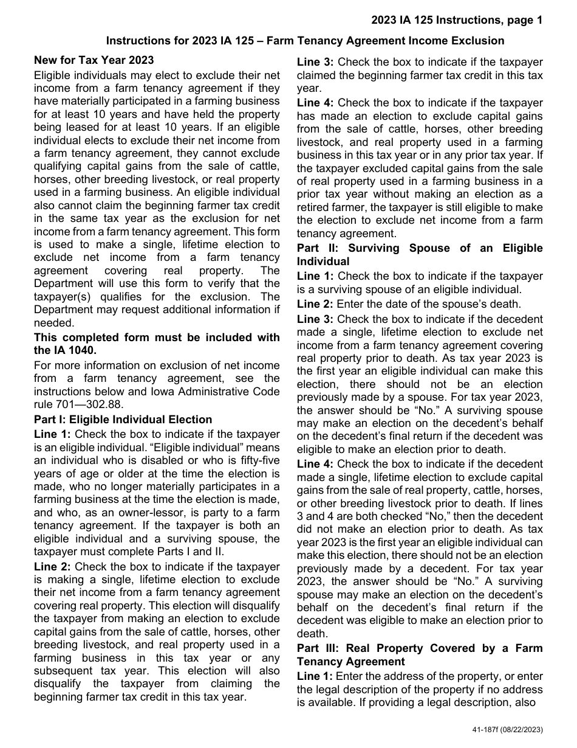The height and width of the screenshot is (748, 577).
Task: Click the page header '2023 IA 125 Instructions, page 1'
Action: point(457,21)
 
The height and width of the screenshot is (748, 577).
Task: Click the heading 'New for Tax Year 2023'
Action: point(94,60)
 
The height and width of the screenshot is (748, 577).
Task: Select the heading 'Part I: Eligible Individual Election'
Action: point(123,420)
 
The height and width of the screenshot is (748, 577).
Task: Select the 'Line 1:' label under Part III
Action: point(315,676)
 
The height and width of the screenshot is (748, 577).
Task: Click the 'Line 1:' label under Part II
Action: point(315,276)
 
